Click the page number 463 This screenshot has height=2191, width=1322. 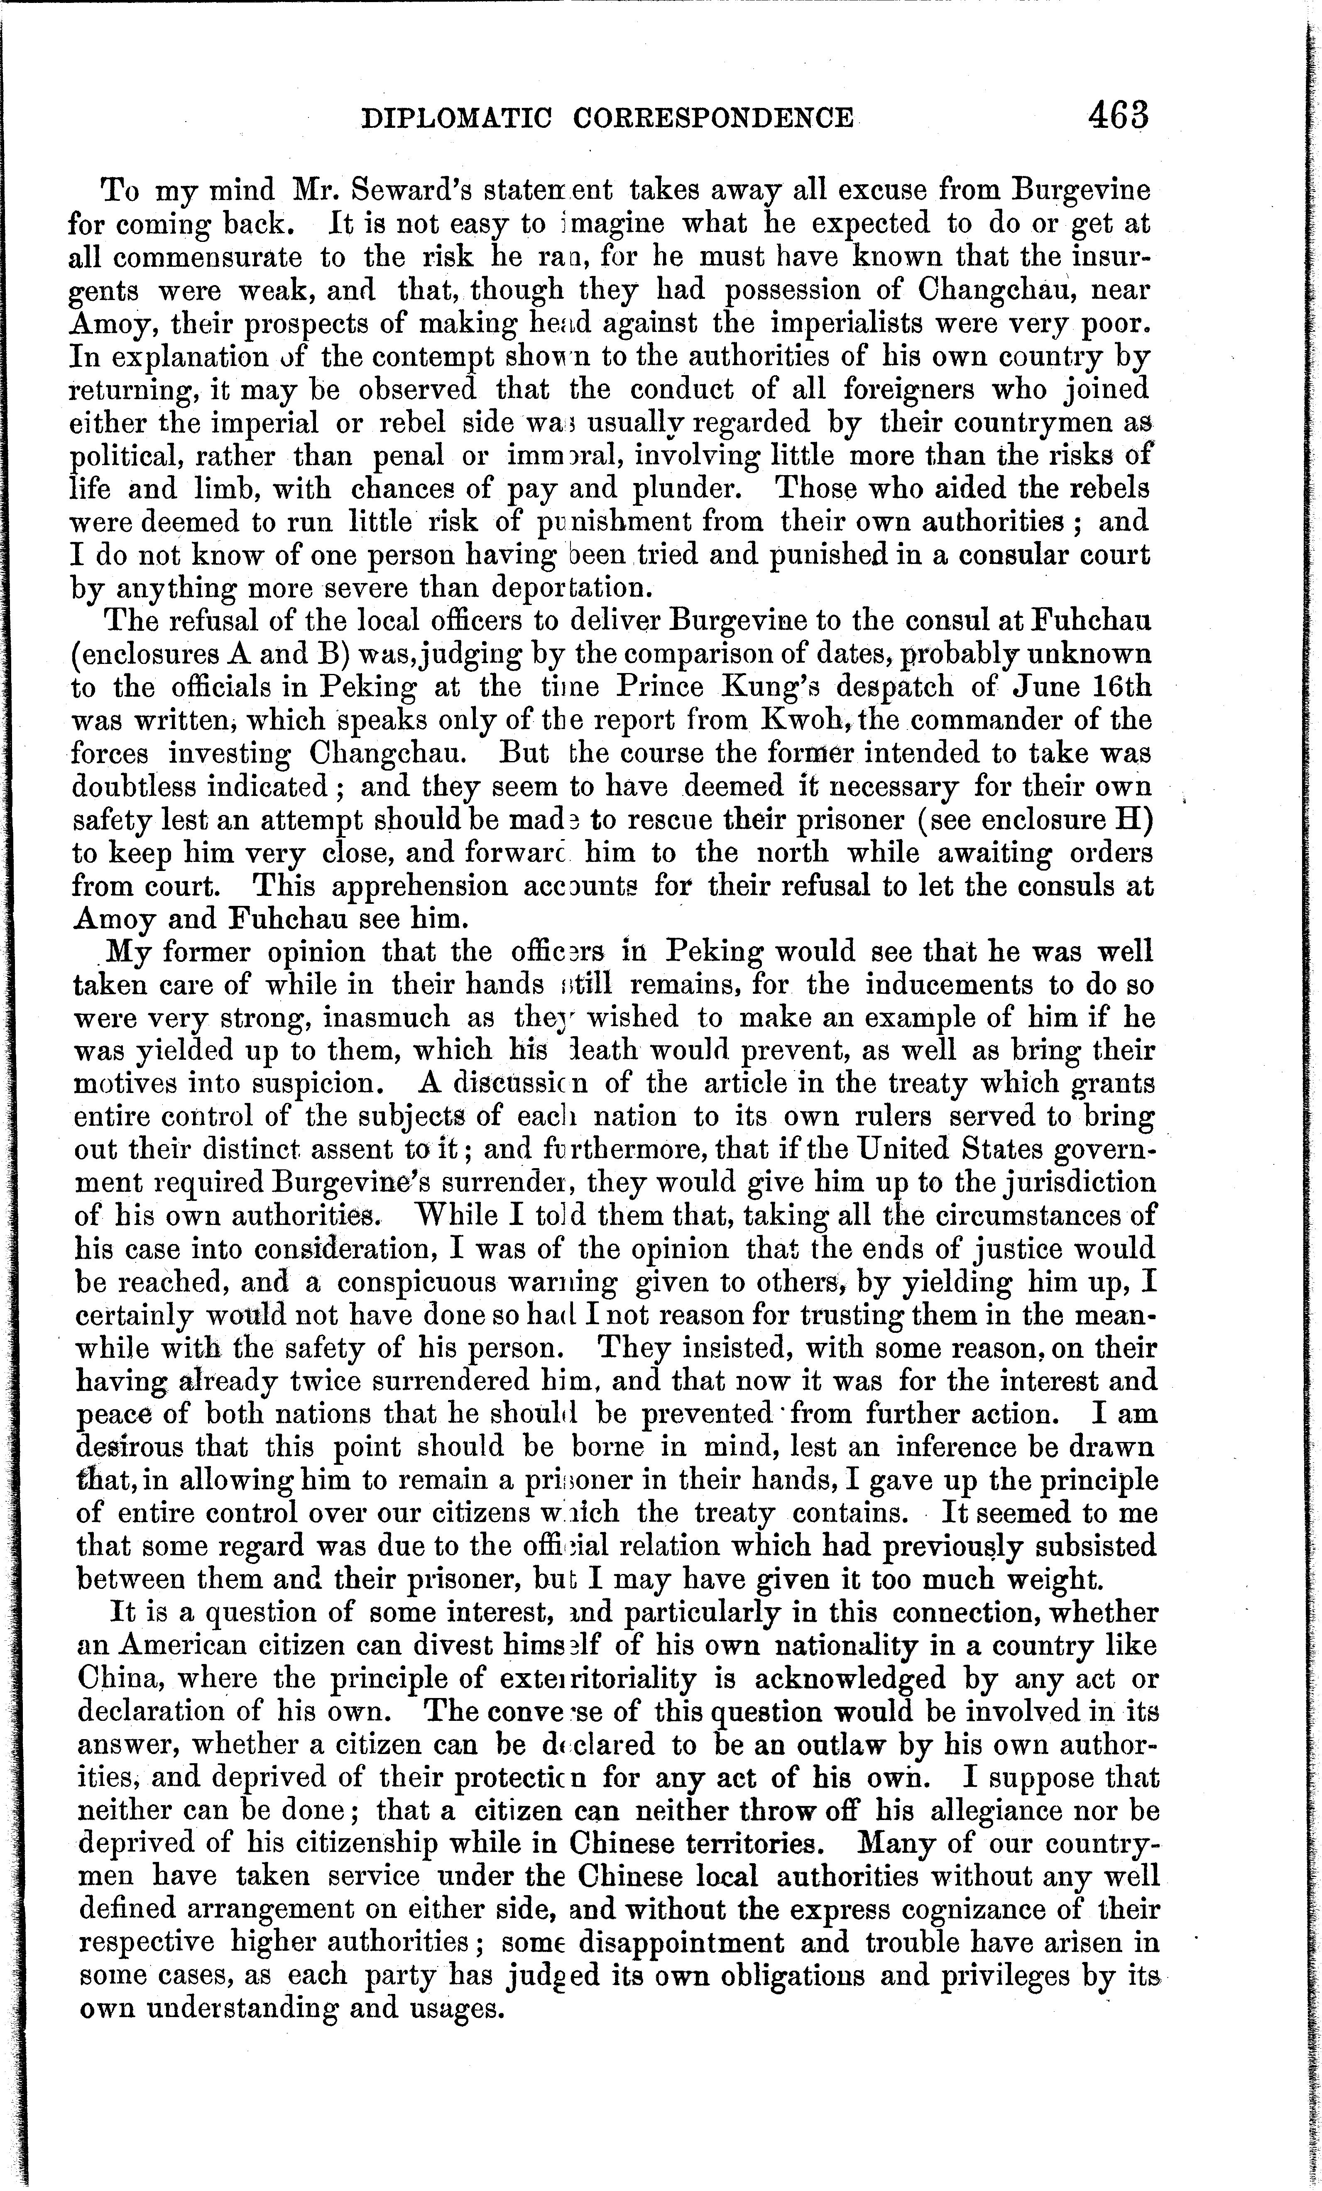coord(1117,117)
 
